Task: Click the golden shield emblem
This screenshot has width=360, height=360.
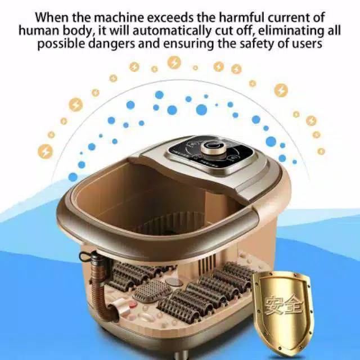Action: tap(285, 307)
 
